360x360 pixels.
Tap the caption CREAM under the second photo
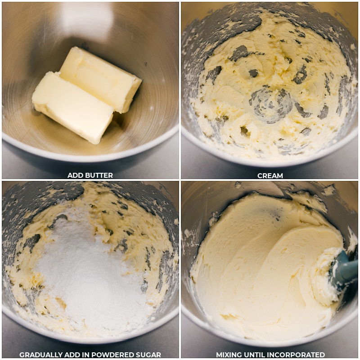click(270, 175)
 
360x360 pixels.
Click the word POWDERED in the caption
click(111, 355)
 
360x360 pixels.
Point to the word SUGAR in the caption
click(147, 355)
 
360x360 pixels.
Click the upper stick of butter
click(101, 79)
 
